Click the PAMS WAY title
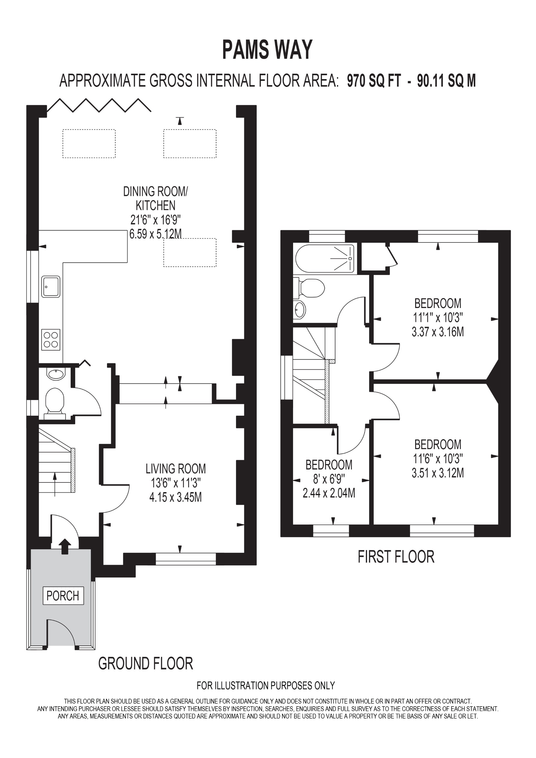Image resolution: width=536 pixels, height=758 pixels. click(x=267, y=50)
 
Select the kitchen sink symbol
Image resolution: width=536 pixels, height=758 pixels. click(x=51, y=287)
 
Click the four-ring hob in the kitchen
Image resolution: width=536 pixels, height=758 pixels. click(x=51, y=340)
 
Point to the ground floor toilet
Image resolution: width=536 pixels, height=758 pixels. click(x=54, y=400)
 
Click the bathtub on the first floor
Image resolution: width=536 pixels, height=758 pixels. click(x=325, y=258)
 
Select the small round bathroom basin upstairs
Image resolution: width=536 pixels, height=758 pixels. click(x=300, y=310)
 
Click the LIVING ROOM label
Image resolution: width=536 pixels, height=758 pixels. click(x=176, y=469)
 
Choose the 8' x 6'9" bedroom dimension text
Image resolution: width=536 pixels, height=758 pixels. click(x=329, y=479)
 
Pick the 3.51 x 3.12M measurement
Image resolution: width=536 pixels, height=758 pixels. click(x=438, y=473)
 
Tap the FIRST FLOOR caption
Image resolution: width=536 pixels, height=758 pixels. click(x=396, y=557)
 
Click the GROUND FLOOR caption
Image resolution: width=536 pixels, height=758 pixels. click(x=145, y=664)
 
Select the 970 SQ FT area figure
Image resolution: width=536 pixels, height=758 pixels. click(x=374, y=81)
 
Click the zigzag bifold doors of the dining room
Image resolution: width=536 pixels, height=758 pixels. click(x=99, y=105)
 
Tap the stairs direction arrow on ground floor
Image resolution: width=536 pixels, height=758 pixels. click(x=55, y=484)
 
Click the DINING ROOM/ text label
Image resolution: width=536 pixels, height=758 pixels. click(x=155, y=192)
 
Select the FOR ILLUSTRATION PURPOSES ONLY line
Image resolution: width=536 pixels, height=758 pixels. click(x=266, y=686)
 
